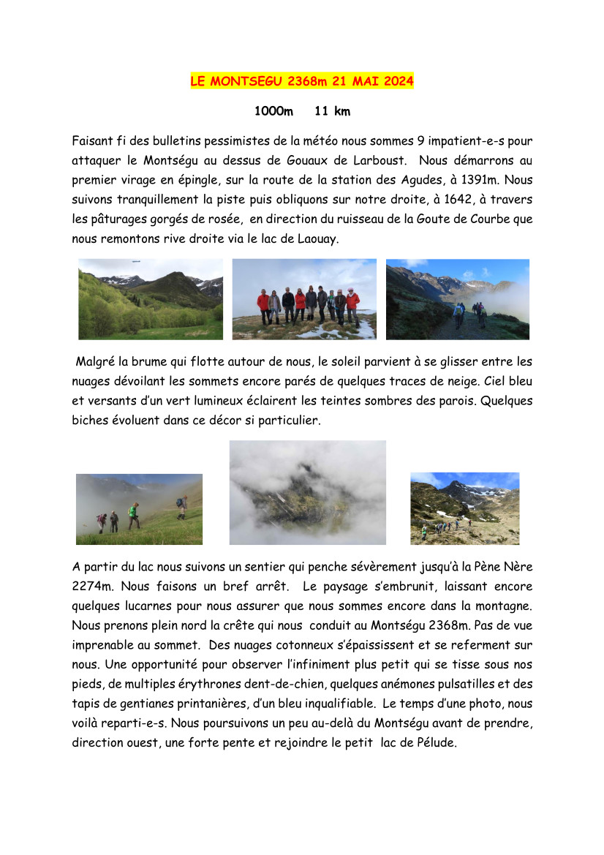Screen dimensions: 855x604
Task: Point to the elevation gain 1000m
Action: click(x=273, y=111)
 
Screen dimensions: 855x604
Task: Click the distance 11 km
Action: click(x=332, y=111)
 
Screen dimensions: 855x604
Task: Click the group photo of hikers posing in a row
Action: click(x=304, y=298)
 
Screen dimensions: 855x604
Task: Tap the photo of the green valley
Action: click(x=151, y=298)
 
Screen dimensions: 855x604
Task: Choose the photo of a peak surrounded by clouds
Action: click(x=307, y=491)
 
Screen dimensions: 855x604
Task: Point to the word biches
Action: click(x=90, y=421)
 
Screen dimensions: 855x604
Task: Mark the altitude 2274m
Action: click(x=93, y=586)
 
